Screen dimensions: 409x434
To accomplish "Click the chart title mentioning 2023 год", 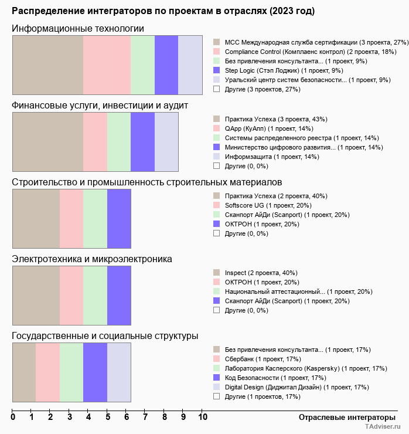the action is [x=163, y=11].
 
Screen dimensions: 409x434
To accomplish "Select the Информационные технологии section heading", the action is [x=78, y=29].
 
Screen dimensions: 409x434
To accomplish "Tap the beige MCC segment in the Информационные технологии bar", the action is [x=48, y=65].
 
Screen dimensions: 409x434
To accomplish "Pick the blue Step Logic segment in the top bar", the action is [x=166, y=65].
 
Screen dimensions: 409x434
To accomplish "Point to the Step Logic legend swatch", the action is [x=217, y=70].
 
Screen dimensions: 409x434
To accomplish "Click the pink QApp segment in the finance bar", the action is [x=95, y=142].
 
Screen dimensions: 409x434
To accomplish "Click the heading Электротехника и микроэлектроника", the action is [x=92, y=259].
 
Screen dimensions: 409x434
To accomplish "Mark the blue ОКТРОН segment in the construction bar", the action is [x=119, y=219].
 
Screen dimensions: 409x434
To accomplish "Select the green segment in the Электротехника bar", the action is [x=95, y=296].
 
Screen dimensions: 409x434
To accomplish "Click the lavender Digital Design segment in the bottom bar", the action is [x=119, y=372].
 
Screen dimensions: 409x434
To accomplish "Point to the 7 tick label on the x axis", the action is [x=145, y=417].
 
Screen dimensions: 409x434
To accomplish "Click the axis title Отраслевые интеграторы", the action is [x=347, y=418].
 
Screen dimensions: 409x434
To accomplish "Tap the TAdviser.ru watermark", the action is [x=383, y=426].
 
